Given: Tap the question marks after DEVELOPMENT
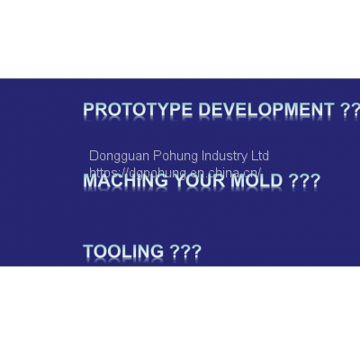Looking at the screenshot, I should click(350, 111).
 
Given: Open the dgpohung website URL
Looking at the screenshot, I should click(175, 171).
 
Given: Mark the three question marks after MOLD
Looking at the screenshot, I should click(305, 181).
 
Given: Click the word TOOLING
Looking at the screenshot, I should click(123, 251).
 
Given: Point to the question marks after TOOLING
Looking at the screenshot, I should click(185, 251).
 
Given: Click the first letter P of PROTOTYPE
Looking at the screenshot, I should click(88, 111).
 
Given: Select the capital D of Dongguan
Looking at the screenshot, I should click(94, 156).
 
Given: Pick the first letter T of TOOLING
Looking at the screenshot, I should click(88, 251).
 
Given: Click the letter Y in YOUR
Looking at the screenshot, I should click(177, 181).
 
